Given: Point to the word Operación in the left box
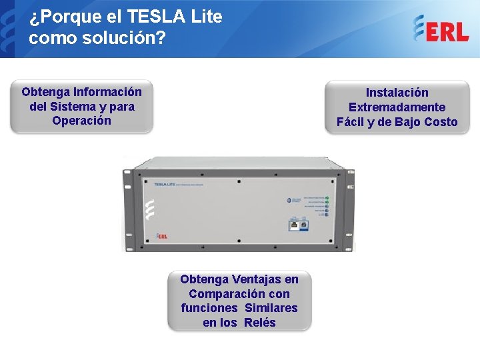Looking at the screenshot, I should (x=81, y=121).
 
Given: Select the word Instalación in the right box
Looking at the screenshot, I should (x=397, y=93).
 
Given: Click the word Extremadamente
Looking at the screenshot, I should (x=397, y=107).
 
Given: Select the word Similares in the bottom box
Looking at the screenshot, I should (x=271, y=308).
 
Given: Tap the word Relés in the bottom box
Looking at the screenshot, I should (x=259, y=323).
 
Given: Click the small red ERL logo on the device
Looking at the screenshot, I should (x=161, y=235).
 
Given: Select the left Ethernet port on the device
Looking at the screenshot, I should (x=294, y=225).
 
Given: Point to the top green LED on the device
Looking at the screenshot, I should (x=327, y=198).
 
